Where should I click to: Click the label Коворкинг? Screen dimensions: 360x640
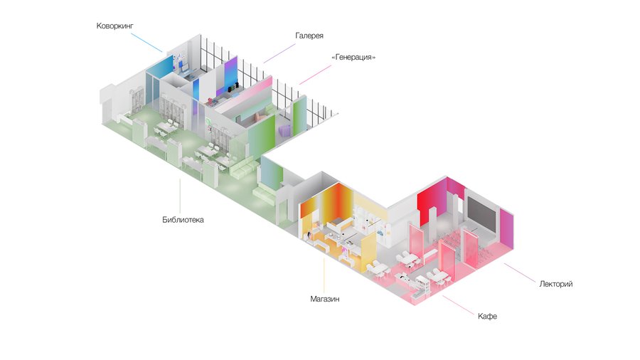[115, 26]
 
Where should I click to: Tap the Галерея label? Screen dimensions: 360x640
[309, 35]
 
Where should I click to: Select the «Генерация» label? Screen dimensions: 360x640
[353, 57]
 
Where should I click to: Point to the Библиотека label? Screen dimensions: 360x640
[183, 220]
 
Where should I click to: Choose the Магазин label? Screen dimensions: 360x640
[324, 300]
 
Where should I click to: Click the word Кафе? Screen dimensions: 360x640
[487, 314]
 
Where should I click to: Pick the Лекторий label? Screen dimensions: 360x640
[555, 284]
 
